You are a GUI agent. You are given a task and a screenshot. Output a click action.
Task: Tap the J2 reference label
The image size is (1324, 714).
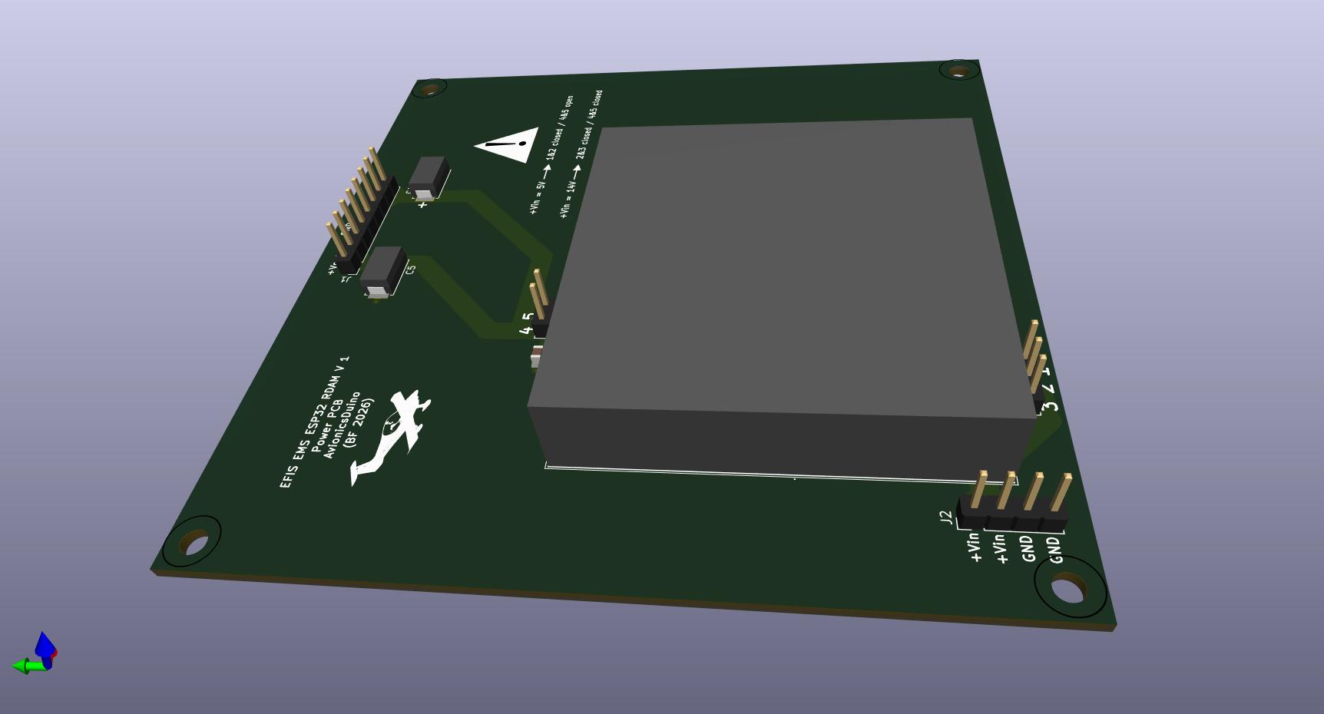(x=947, y=518)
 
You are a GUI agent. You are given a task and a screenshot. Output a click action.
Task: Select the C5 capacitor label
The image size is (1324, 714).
(x=411, y=270)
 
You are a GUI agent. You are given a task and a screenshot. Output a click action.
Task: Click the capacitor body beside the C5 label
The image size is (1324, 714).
(x=383, y=271)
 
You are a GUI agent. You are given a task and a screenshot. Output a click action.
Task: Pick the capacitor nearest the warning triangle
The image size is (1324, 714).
(x=429, y=177)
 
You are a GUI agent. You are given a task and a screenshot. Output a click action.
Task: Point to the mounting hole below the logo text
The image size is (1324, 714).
(x=194, y=543)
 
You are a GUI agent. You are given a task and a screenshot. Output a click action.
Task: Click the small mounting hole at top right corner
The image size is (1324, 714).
(x=959, y=71)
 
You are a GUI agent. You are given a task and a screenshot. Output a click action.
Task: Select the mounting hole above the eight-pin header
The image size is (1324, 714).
(x=429, y=89)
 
